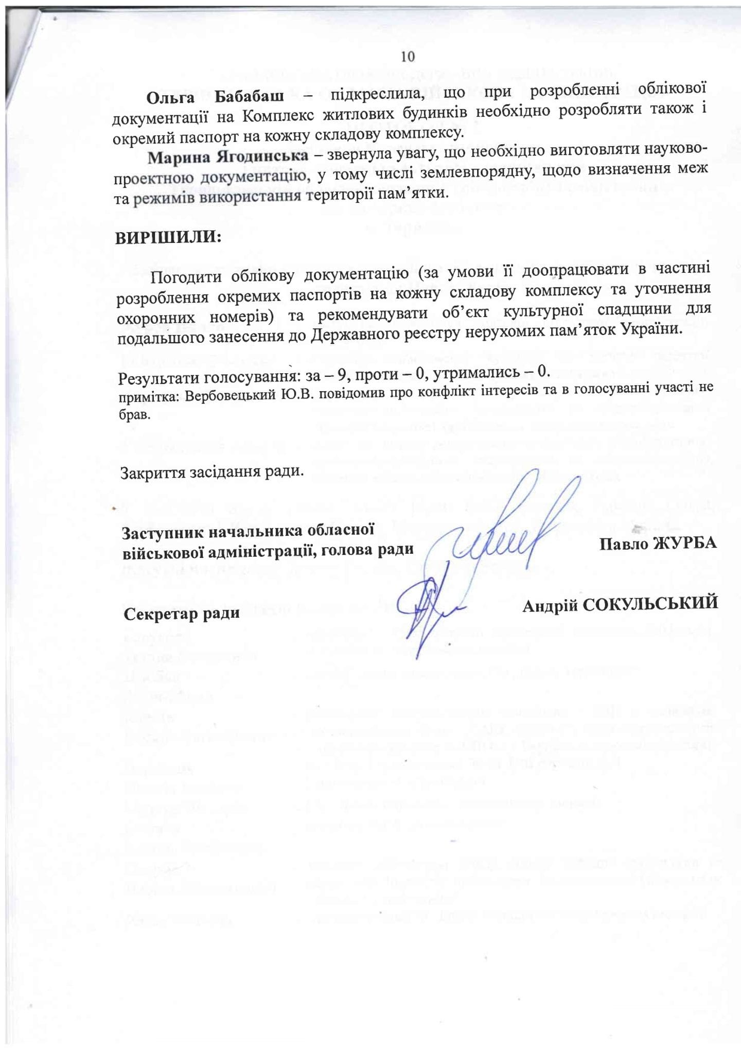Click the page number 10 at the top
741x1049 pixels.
pos(408,56)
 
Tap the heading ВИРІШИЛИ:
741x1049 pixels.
pos(168,237)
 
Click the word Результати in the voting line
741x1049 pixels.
pos(159,378)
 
